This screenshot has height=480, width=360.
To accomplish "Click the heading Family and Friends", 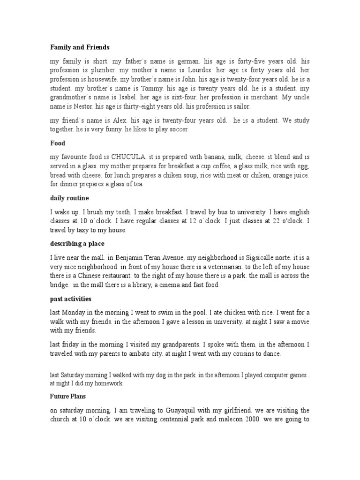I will [x=80, y=47].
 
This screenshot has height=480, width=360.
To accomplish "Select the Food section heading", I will [x=58, y=143].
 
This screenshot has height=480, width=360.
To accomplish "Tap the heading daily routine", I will [x=69, y=198].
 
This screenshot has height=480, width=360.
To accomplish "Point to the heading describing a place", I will [x=77, y=244].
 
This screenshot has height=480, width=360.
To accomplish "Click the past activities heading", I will [x=71, y=299].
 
